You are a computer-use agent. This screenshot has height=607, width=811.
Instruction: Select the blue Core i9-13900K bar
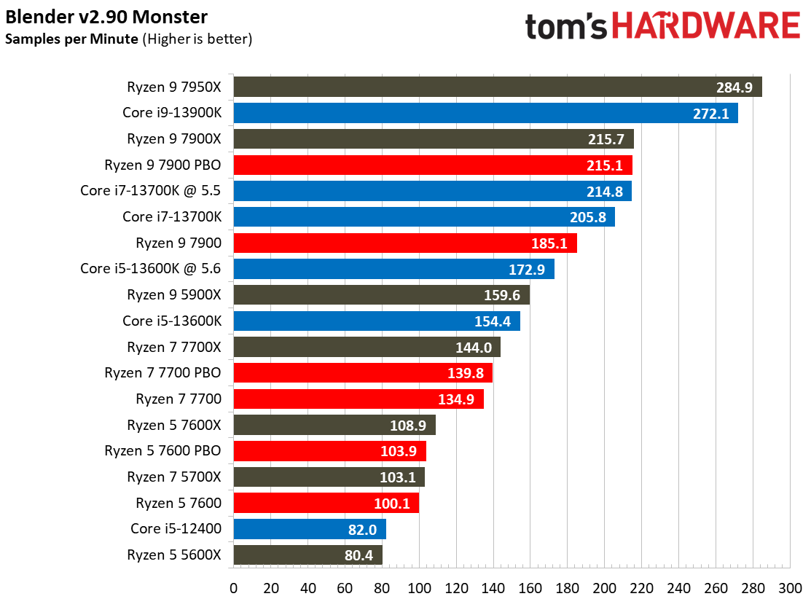click(x=485, y=113)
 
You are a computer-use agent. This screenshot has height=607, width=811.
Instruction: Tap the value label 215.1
click(x=604, y=165)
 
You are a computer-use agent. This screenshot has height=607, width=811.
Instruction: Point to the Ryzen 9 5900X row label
click(x=173, y=295)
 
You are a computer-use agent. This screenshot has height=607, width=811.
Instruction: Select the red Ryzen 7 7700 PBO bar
click(x=363, y=373)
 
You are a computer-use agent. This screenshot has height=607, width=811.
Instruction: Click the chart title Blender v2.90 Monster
click(x=106, y=17)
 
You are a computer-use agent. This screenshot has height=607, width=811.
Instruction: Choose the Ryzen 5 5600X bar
click(x=307, y=555)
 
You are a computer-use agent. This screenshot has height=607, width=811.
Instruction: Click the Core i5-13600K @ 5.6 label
click(x=150, y=269)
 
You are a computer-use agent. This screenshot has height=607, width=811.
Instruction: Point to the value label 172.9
click(x=527, y=269)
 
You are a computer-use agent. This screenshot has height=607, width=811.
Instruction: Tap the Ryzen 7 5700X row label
click(x=173, y=477)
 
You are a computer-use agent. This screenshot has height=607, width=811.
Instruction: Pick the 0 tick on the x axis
click(x=233, y=588)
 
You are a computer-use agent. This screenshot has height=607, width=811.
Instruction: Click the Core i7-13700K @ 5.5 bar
click(x=432, y=191)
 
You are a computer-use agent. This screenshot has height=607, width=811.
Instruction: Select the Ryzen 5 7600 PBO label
click(x=162, y=451)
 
